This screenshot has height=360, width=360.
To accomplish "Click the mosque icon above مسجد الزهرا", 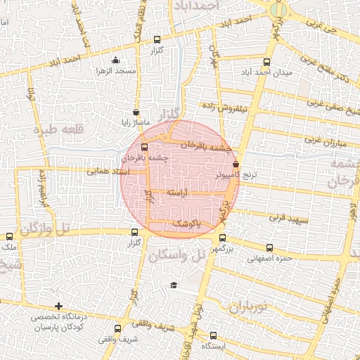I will click(x=116, y=62).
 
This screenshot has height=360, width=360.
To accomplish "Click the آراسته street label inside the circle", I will click(x=181, y=193).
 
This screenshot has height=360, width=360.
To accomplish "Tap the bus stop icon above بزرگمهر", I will click(x=222, y=238).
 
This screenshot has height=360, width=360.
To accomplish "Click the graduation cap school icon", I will click(x=173, y=285).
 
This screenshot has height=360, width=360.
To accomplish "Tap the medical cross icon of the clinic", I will click(x=58, y=307).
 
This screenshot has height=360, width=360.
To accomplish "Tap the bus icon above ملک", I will click(x=8, y=238).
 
